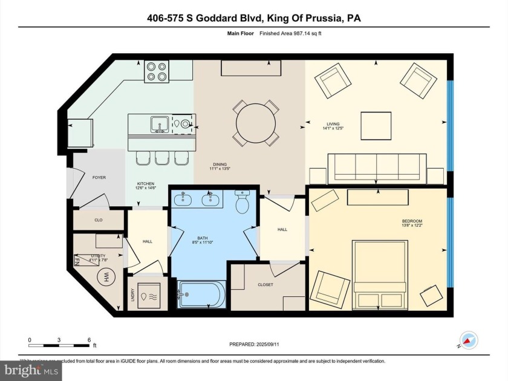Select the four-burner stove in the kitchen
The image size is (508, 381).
[x=156, y=72]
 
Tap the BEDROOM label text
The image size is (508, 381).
[x=412, y=221]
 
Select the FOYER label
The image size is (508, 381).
[x=99, y=178]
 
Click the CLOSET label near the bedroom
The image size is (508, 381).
[x=265, y=284]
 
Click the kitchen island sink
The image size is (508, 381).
[x=160, y=124]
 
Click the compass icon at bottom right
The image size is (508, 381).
[x=468, y=340]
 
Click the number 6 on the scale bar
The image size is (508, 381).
[x=88, y=340]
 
